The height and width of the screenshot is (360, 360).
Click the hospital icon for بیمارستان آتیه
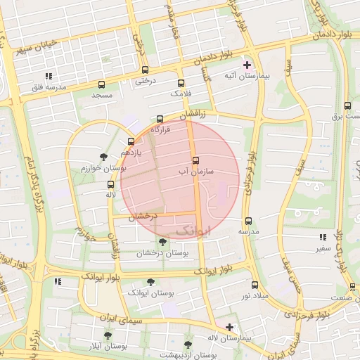246,65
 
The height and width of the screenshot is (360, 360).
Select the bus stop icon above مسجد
101,84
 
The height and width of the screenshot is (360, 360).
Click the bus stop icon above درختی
145,70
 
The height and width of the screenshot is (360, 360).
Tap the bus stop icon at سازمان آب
195,160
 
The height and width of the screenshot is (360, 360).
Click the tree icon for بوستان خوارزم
104,156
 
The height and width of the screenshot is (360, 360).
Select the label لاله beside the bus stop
110,195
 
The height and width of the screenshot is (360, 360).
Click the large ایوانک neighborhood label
192,230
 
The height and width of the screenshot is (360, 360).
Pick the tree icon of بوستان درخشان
162,243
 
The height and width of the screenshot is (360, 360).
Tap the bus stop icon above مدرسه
248,221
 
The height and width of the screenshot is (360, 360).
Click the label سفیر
323,248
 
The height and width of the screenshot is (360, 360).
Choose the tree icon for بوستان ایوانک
150,282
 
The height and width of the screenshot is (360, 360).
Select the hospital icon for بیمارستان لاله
229,327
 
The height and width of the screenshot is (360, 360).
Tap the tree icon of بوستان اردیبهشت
188,345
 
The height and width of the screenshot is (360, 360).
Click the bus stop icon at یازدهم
131,142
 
